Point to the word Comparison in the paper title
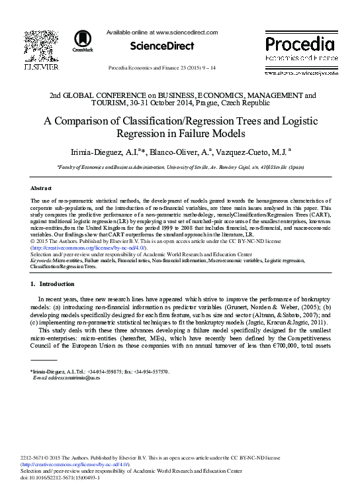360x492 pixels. tap(88, 121)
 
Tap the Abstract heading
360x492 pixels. tap(42, 188)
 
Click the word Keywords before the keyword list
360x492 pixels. tap(42, 261)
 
